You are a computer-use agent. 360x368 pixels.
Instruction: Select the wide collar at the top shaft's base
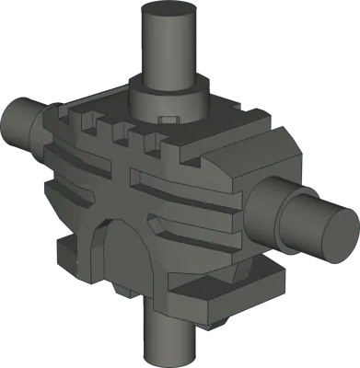click(x=167, y=98)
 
